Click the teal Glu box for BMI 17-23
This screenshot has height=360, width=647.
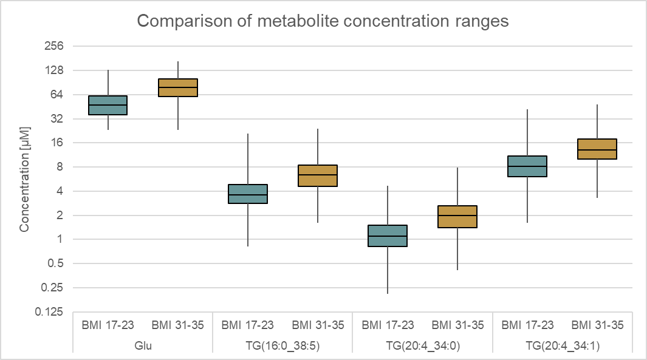(x=108, y=105)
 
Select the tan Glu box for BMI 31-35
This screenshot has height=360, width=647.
(x=177, y=87)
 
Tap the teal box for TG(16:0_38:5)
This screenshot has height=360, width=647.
(x=247, y=194)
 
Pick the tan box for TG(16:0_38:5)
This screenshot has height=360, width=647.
(x=317, y=175)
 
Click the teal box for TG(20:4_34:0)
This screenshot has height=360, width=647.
(x=387, y=236)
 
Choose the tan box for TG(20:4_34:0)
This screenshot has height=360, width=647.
(x=457, y=217)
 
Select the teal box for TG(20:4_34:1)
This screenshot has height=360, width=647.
(x=527, y=166)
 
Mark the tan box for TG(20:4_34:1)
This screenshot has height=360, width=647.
(x=597, y=149)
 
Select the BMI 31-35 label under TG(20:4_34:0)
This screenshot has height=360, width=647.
(x=457, y=325)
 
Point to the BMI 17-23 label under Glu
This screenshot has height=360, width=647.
(x=108, y=325)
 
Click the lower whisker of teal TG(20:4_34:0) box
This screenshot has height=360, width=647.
(x=387, y=270)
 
